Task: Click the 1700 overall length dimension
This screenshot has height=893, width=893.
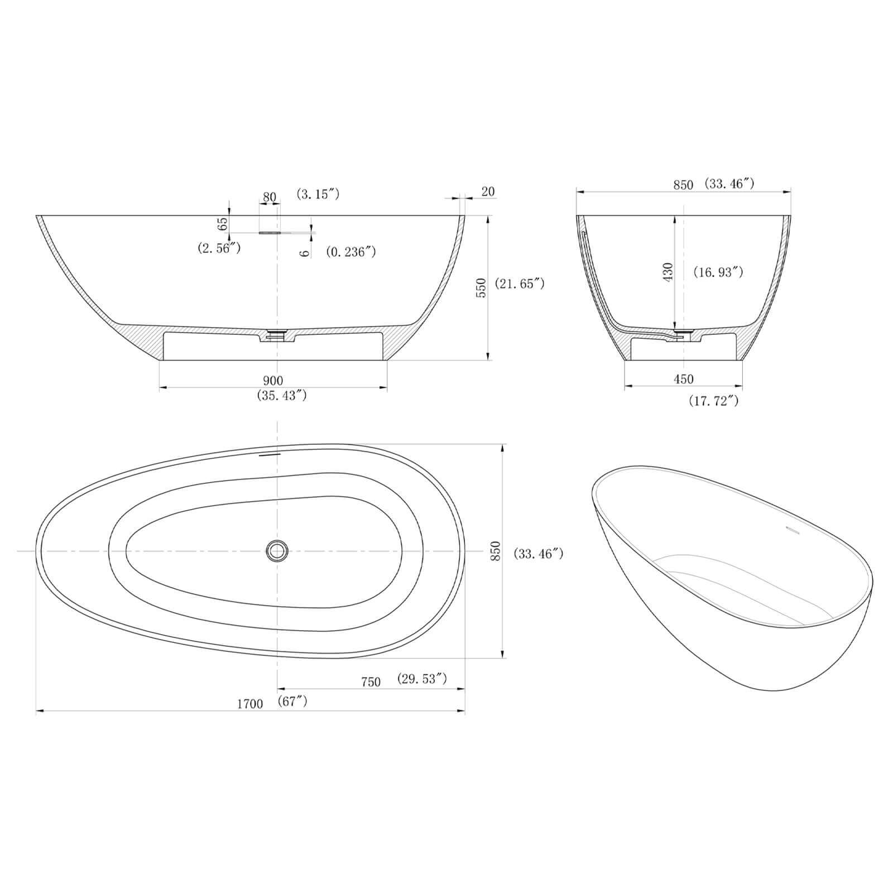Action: (x=249, y=704)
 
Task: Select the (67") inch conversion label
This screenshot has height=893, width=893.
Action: (x=292, y=701)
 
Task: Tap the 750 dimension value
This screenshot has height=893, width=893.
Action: (x=371, y=682)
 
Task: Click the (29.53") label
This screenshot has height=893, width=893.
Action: (x=422, y=679)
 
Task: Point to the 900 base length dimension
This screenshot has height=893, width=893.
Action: (x=273, y=381)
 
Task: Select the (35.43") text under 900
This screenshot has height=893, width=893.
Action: (x=282, y=396)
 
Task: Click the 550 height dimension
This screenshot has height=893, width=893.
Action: (x=482, y=287)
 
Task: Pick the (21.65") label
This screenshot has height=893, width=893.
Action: (x=520, y=284)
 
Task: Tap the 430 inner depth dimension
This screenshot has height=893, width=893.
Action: (x=668, y=272)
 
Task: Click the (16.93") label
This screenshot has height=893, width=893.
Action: (x=718, y=272)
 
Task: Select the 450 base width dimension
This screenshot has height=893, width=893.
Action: (x=683, y=380)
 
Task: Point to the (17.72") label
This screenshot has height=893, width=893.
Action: (x=713, y=400)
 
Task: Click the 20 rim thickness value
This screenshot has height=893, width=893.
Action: (x=487, y=191)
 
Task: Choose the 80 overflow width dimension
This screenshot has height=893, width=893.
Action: (x=270, y=197)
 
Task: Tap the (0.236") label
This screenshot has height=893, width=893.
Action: (x=351, y=252)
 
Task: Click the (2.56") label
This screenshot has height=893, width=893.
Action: (x=219, y=248)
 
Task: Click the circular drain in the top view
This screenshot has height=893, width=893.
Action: (x=277, y=551)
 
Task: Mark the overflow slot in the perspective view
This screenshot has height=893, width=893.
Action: (x=793, y=528)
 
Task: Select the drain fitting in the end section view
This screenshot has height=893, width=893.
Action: (x=683, y=333)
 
